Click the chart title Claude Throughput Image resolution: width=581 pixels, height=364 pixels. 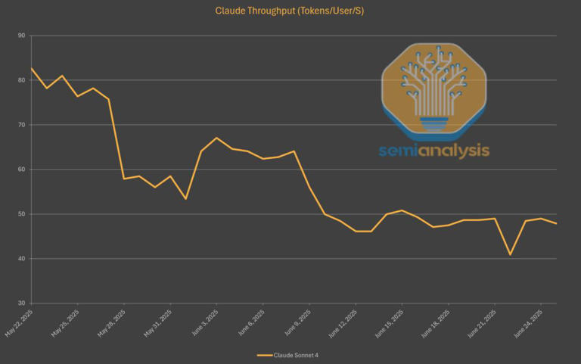[290, 11]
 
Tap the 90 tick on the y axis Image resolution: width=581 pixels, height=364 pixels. [20, 36]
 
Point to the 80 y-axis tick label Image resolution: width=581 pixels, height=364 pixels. [20, 80]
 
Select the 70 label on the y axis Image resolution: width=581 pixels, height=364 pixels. [20, 125]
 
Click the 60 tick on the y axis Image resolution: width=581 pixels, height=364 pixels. [20, 170]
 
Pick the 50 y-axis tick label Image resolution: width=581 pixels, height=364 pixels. [20, 214]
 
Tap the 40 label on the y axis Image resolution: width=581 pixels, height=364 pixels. [20, 259]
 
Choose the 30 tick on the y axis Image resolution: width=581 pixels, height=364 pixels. [20, 303]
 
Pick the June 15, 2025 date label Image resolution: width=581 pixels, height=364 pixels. [390, 322]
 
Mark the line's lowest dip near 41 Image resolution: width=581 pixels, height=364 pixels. [510, 254]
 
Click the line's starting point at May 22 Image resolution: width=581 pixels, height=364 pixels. [31, 68]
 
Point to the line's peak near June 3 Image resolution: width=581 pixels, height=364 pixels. [216, 138]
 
